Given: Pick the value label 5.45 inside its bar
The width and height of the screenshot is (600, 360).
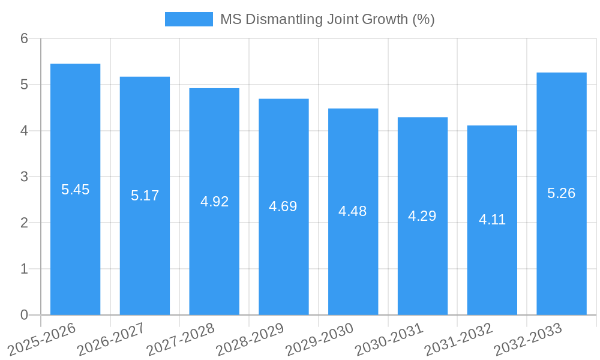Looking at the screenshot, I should click(x=75, y=190).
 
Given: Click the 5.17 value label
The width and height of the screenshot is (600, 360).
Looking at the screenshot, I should click(x=145, y=196).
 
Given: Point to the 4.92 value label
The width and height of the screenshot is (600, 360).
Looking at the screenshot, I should click(x=214, y=202).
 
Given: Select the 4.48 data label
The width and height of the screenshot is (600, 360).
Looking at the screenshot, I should click(x=353, y=211).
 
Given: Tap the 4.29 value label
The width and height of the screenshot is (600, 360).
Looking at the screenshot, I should click(x=422, y=216).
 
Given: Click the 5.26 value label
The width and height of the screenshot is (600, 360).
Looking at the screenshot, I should click(x=561, y=193).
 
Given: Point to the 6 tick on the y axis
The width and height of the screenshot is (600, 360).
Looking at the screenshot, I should click(x=24, y=38).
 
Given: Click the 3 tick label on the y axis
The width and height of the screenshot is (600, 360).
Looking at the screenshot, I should click(x=24, y=177).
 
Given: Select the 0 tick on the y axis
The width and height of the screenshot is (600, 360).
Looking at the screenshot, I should click(x=24, y=315).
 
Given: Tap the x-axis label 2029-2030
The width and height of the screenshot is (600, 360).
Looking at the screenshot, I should click(x=319, y=340).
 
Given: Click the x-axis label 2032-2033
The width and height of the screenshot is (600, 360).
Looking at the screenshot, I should click(x=527, y=340).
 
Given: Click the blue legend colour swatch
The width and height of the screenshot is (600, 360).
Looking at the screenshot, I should click(x=188, y=19).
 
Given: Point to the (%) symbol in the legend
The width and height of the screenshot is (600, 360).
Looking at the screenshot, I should click(x=424, y=19).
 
